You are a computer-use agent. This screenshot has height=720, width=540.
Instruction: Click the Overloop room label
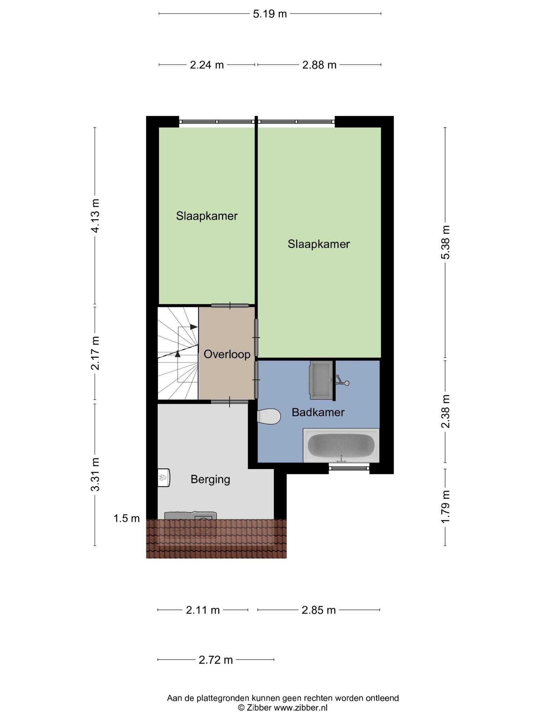(227, 354)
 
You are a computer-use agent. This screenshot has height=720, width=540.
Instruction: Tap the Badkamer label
(318, 412)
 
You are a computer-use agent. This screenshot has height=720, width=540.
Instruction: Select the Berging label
(210, 479)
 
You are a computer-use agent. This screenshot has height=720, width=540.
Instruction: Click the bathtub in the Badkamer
(341, 445)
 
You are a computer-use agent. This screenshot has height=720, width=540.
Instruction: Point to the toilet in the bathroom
(269, 417)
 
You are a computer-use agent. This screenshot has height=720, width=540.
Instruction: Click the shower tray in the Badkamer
(321, 380)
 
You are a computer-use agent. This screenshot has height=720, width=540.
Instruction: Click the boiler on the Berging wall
(164, 477)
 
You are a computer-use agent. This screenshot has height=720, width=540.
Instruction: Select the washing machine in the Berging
(204, 525)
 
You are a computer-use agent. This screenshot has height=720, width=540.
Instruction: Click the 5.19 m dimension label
(270, 14)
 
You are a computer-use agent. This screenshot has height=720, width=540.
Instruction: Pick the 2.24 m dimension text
(207, 65)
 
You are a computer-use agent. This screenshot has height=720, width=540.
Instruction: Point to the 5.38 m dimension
(445, 242)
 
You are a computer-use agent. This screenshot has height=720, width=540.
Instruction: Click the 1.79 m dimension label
(445, 507)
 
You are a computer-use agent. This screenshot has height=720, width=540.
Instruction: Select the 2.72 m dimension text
(216, 660)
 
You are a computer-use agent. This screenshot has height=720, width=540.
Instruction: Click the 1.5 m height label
(127, 518)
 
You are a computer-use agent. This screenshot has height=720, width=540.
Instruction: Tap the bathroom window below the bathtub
(349, 467)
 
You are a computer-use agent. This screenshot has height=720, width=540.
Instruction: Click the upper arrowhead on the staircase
(194, 327)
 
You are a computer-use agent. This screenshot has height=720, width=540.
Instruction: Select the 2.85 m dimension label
(319, 610)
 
